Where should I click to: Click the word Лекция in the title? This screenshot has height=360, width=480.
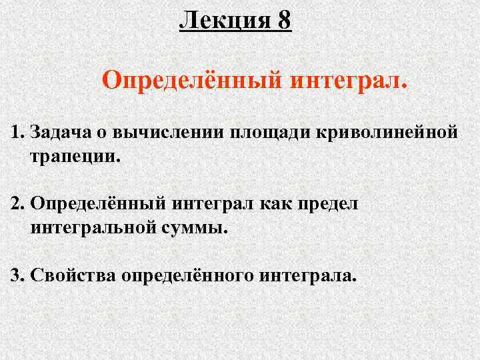(x=223, y=20)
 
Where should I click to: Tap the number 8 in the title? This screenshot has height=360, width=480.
(x=285, y=20)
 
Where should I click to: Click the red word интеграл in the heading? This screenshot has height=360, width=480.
(x=348, y=82)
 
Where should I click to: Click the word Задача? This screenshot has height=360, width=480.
(x=62, y=133)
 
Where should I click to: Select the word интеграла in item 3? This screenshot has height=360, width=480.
(x=308, y=275)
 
